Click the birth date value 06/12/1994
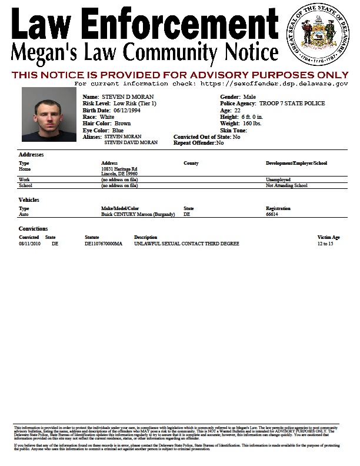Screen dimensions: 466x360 pos(115,110)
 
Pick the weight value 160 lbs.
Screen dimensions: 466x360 pos(253,124)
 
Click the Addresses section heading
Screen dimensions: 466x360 pos(32,155)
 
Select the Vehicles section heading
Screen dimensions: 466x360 pos(29,200)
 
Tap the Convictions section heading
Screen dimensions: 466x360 pos(33,228)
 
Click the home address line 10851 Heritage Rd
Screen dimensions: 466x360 pos(119,168)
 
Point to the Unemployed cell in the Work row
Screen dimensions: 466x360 pos(278,179)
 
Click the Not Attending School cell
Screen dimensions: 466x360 pos(286,185)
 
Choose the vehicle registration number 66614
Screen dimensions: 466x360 pos(272,215)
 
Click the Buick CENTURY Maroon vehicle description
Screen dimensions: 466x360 pos(138,215)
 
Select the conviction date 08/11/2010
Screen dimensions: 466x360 pos(29,243)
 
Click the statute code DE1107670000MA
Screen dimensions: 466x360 pos(104,243)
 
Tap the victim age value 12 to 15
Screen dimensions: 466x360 pos(325,243)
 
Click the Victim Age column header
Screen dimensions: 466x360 pos(328,237)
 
